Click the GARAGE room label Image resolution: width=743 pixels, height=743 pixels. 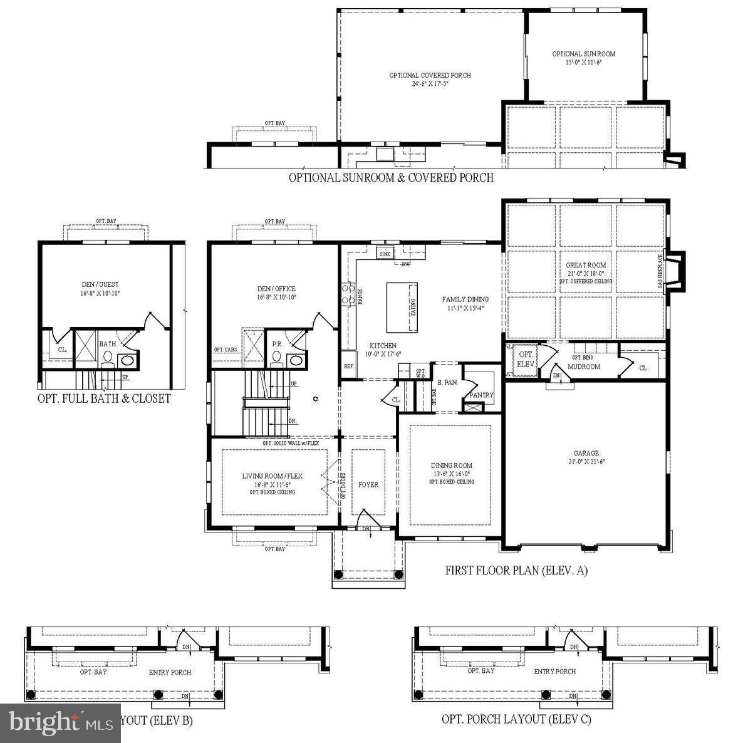586,453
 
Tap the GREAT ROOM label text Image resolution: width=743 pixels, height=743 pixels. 586,265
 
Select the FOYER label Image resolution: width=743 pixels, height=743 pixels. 368,484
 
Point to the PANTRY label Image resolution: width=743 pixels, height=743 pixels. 481,395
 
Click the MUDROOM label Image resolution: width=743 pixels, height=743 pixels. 584,366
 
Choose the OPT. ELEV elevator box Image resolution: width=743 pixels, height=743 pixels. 525,359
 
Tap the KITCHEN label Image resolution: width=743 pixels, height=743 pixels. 383,345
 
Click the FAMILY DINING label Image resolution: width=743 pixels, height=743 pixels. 465,299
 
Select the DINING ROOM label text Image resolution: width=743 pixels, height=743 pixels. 451,465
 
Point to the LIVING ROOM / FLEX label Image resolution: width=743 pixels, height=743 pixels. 273,476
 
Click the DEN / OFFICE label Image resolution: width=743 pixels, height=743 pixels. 276,289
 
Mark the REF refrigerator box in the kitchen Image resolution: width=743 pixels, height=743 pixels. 348,366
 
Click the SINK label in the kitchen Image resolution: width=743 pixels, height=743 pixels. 385,253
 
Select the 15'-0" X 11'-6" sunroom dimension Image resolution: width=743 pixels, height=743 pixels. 584,62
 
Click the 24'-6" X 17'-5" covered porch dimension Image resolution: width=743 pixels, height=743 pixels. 430,83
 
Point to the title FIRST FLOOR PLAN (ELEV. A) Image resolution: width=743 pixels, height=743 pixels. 516,570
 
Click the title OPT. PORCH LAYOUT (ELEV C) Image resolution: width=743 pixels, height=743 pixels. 516,719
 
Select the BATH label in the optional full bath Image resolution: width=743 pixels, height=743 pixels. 107,344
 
